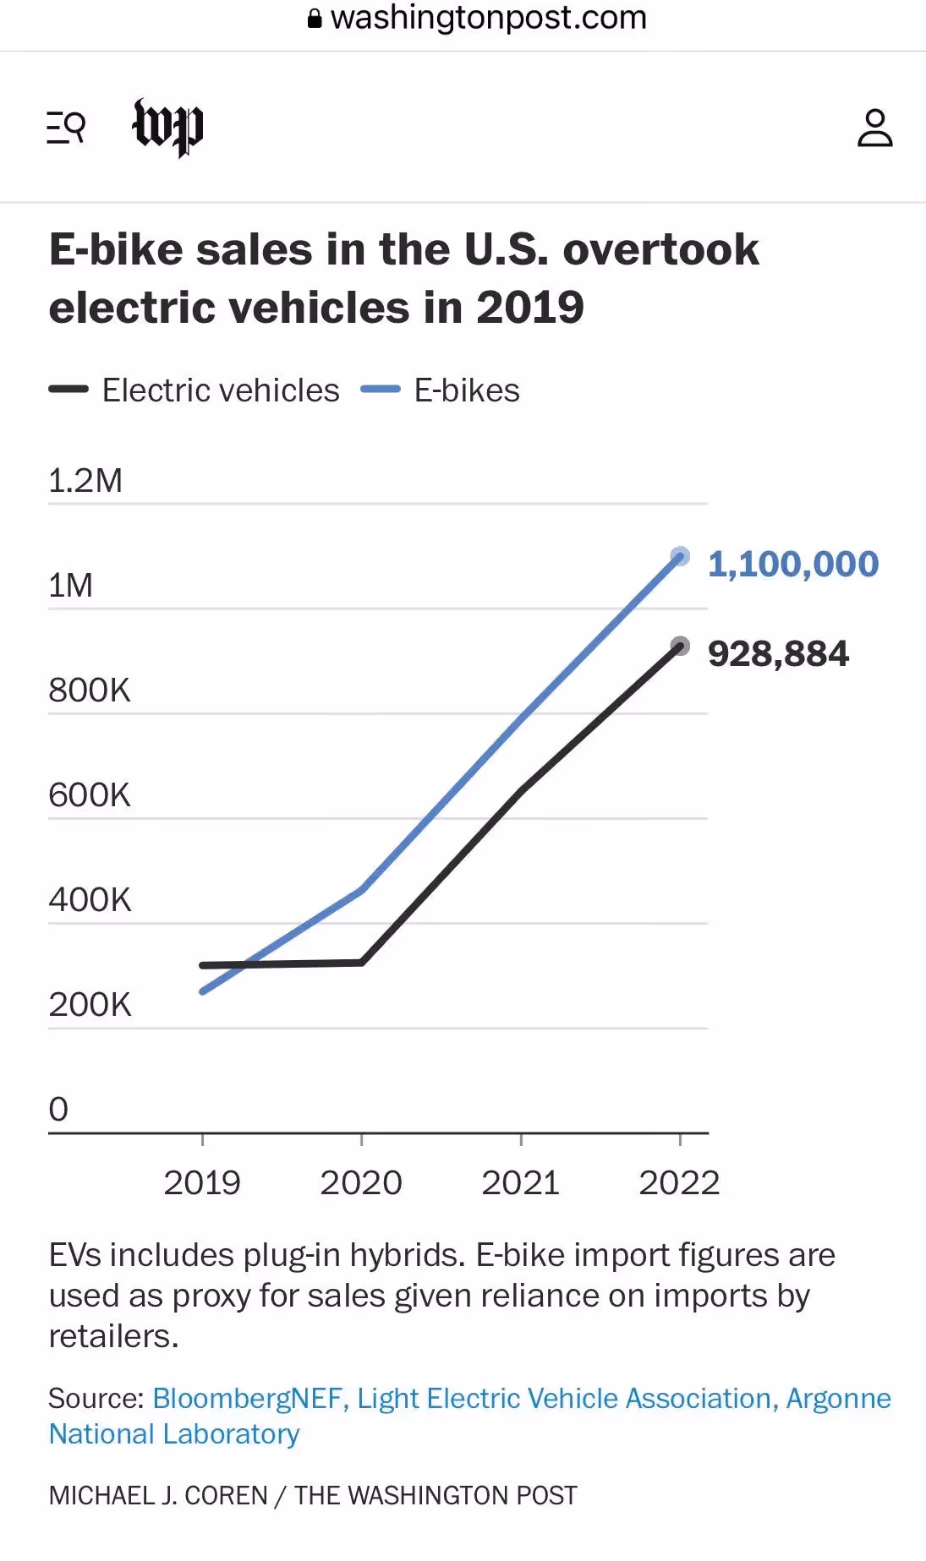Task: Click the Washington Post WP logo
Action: [168, 128]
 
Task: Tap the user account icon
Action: [874, 128]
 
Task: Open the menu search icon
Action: [66, 128]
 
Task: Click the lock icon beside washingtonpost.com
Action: [315, 19]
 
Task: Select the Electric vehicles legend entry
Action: [194, 390]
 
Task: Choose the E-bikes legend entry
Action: [440, 390]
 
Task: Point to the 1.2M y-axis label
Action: [85, 480]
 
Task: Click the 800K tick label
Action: [90, 690]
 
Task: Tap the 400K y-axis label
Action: [90, 899]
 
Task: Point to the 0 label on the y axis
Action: [58, 1109]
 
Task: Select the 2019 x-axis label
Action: [202, 1182]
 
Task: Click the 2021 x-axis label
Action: [520, 1182]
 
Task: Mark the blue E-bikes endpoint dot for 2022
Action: [680, 556]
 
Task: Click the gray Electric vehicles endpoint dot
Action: [680, 647]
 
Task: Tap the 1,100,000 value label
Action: [793, 565]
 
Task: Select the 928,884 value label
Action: [778, 654]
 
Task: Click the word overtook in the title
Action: [660, 250]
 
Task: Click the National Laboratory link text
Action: [174, 1434]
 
